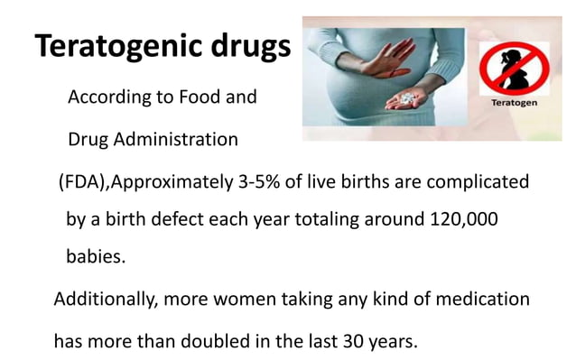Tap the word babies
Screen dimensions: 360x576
pyautogui.click(x=96, y=256)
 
